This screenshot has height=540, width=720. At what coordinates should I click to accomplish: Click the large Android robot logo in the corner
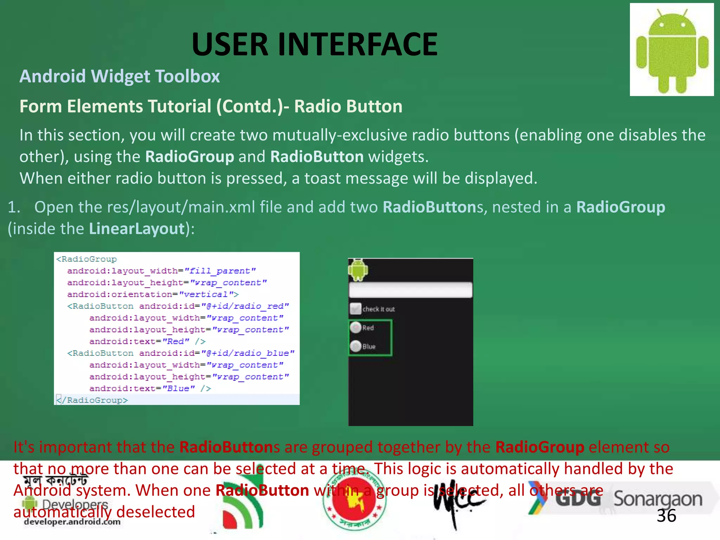pos(671,50)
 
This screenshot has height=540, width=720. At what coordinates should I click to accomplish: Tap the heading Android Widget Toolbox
pos(120,76)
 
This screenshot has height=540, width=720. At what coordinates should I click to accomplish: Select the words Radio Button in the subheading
pos(348,106)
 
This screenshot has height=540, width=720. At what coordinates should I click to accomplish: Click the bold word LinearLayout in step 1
pos(137,229)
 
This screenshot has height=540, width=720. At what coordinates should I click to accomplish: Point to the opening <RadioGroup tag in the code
pos(86,259)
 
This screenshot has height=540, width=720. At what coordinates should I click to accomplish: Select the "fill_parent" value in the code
pos(220,271)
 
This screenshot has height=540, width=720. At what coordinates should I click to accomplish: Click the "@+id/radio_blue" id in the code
pos(248,353)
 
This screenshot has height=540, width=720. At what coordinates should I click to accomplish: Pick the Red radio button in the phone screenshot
pos(356,328)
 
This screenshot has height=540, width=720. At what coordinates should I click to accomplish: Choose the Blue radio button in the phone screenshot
pos(356,346)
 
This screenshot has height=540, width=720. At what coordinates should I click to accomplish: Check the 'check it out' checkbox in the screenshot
pos(355,309)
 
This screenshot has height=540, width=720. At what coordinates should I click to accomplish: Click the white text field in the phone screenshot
pos(410,290)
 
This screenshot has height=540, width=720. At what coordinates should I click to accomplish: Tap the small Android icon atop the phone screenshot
pos(358,270)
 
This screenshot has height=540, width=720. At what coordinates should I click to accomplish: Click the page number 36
pos(666,516)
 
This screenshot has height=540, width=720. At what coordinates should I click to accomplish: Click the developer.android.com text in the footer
pos(72,522)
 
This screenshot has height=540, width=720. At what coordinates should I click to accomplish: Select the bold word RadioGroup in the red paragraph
pos(540,447)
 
